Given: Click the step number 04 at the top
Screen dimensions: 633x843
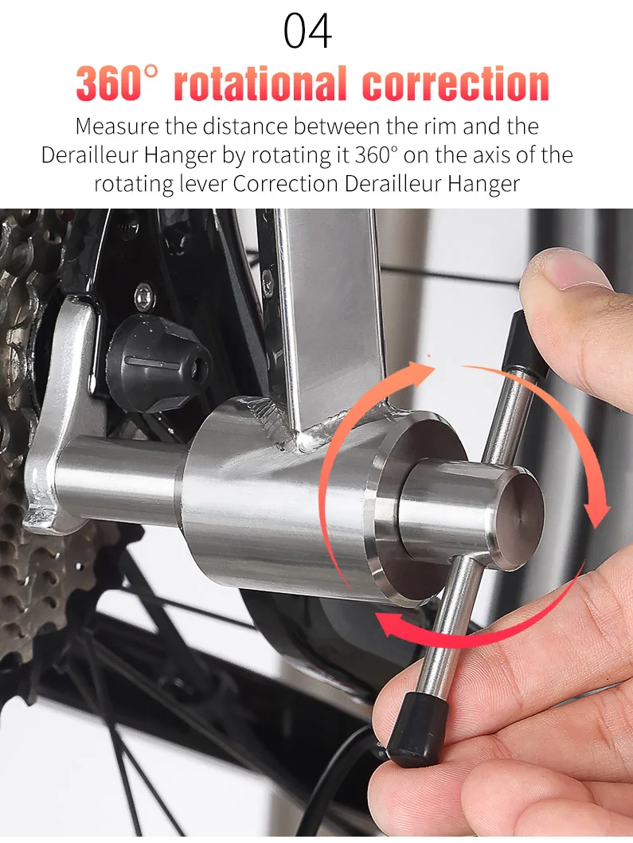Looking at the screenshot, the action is coord(307,31).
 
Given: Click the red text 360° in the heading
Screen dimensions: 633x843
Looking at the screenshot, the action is coord(118,84).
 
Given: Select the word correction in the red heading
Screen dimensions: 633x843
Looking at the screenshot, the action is coord(455,84).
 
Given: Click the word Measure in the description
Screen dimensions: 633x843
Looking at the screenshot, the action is coord(118,127).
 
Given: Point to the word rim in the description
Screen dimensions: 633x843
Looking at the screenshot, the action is coord(440,127).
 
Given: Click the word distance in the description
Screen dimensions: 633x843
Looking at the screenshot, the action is coord(245,127).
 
